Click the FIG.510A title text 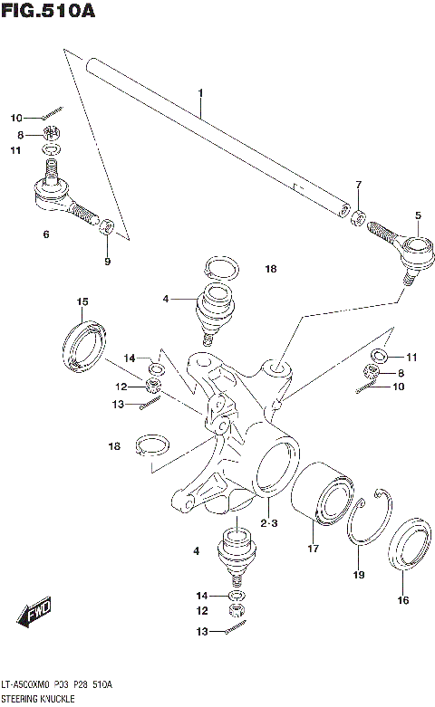click(x=48, y=12)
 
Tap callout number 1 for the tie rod click(x=200, y=93)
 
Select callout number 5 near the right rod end click(x=418, y=215)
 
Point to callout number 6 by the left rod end click(x=45, y=234)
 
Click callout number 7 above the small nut click(x=358, y=186)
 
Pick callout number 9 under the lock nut click(x=107, y=262)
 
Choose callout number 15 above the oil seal click(x=82, y=301)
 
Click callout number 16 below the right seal click(x=402, y=598)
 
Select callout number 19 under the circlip click(x=358, y=575)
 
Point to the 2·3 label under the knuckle click(x=268, y=523)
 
